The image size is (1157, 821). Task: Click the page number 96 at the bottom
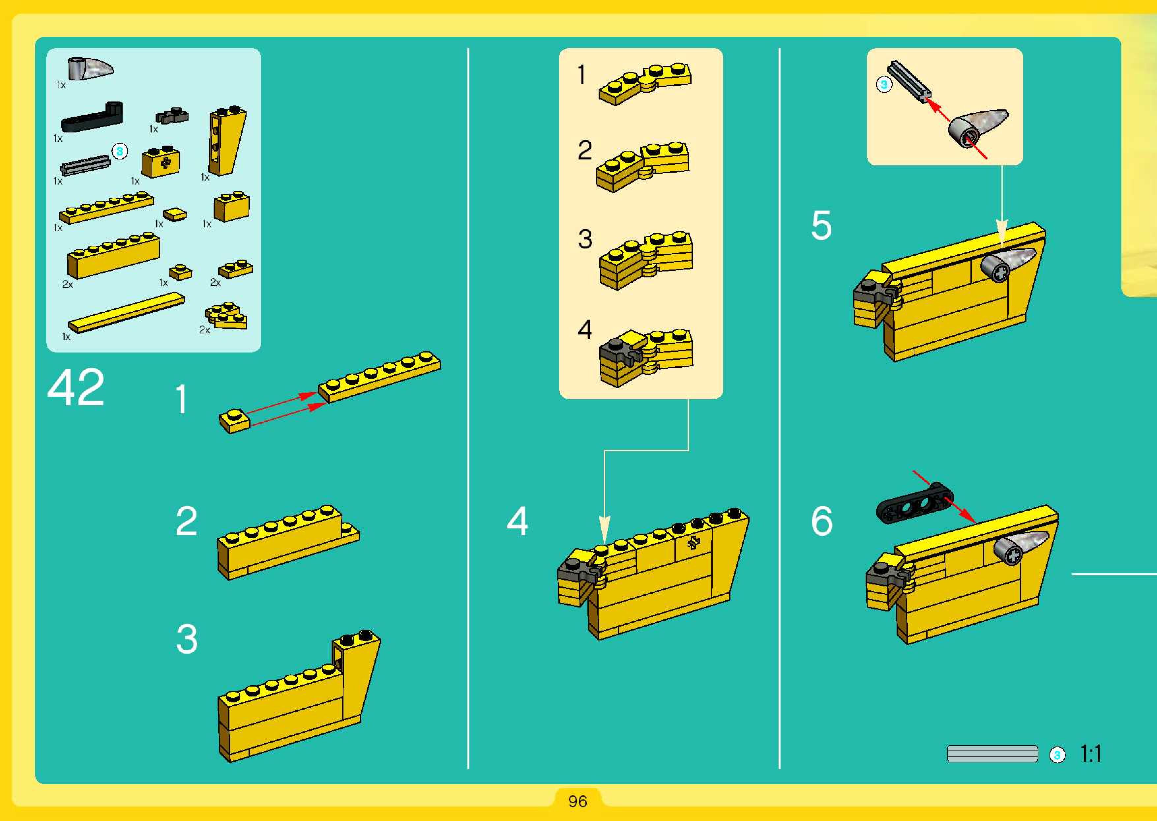click(x=578, y=801)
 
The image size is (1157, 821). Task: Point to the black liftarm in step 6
click(x=915, y=503)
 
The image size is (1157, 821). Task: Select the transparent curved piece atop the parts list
click(x=90, y=68)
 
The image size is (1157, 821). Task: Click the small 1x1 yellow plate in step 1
click(x=234, y=421)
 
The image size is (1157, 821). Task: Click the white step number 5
click(x=821, y=225)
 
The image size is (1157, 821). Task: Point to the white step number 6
click(x=822, y=521)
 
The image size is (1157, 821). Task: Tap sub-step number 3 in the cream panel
click(x=585, y=239)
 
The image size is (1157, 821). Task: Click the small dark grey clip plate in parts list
click(x=172, y=116)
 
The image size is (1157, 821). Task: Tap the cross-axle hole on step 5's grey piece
click(x=1000, y=273)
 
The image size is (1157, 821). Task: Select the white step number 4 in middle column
click(x=517, y=521)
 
